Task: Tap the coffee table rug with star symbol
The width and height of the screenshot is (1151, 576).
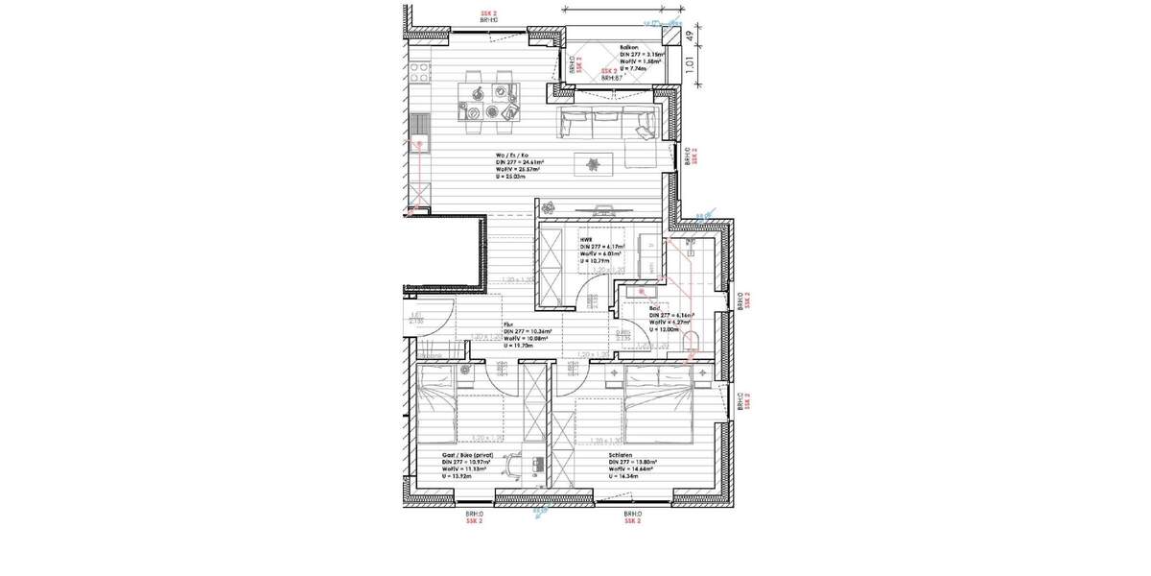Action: (593, 164)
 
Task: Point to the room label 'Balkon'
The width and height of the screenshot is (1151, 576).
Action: (629, 47)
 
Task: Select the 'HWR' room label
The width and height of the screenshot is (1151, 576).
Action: (584, 239)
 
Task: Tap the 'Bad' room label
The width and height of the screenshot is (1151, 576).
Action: (654, 308)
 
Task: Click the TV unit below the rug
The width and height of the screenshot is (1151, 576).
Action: (603, 207)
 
